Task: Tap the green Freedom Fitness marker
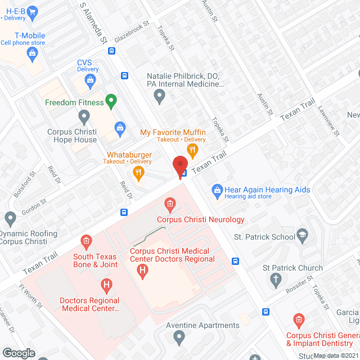tap(111, 102)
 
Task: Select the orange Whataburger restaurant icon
tap(137, 172)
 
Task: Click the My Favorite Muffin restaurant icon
tap(192, 150)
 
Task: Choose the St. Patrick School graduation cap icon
tap(303, 236)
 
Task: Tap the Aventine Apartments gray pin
tap(179, 337)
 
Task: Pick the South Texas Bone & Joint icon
tap(86, 242)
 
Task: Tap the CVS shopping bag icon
tap(90, 80)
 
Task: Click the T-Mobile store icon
tap(31, 53)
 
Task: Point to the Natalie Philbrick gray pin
tap(160, 97)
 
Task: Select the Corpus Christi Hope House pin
tap(84, 118)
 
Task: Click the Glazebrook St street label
tap(131, 32)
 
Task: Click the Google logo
tap(19, 353)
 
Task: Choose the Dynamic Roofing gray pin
tap(10, 218)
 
